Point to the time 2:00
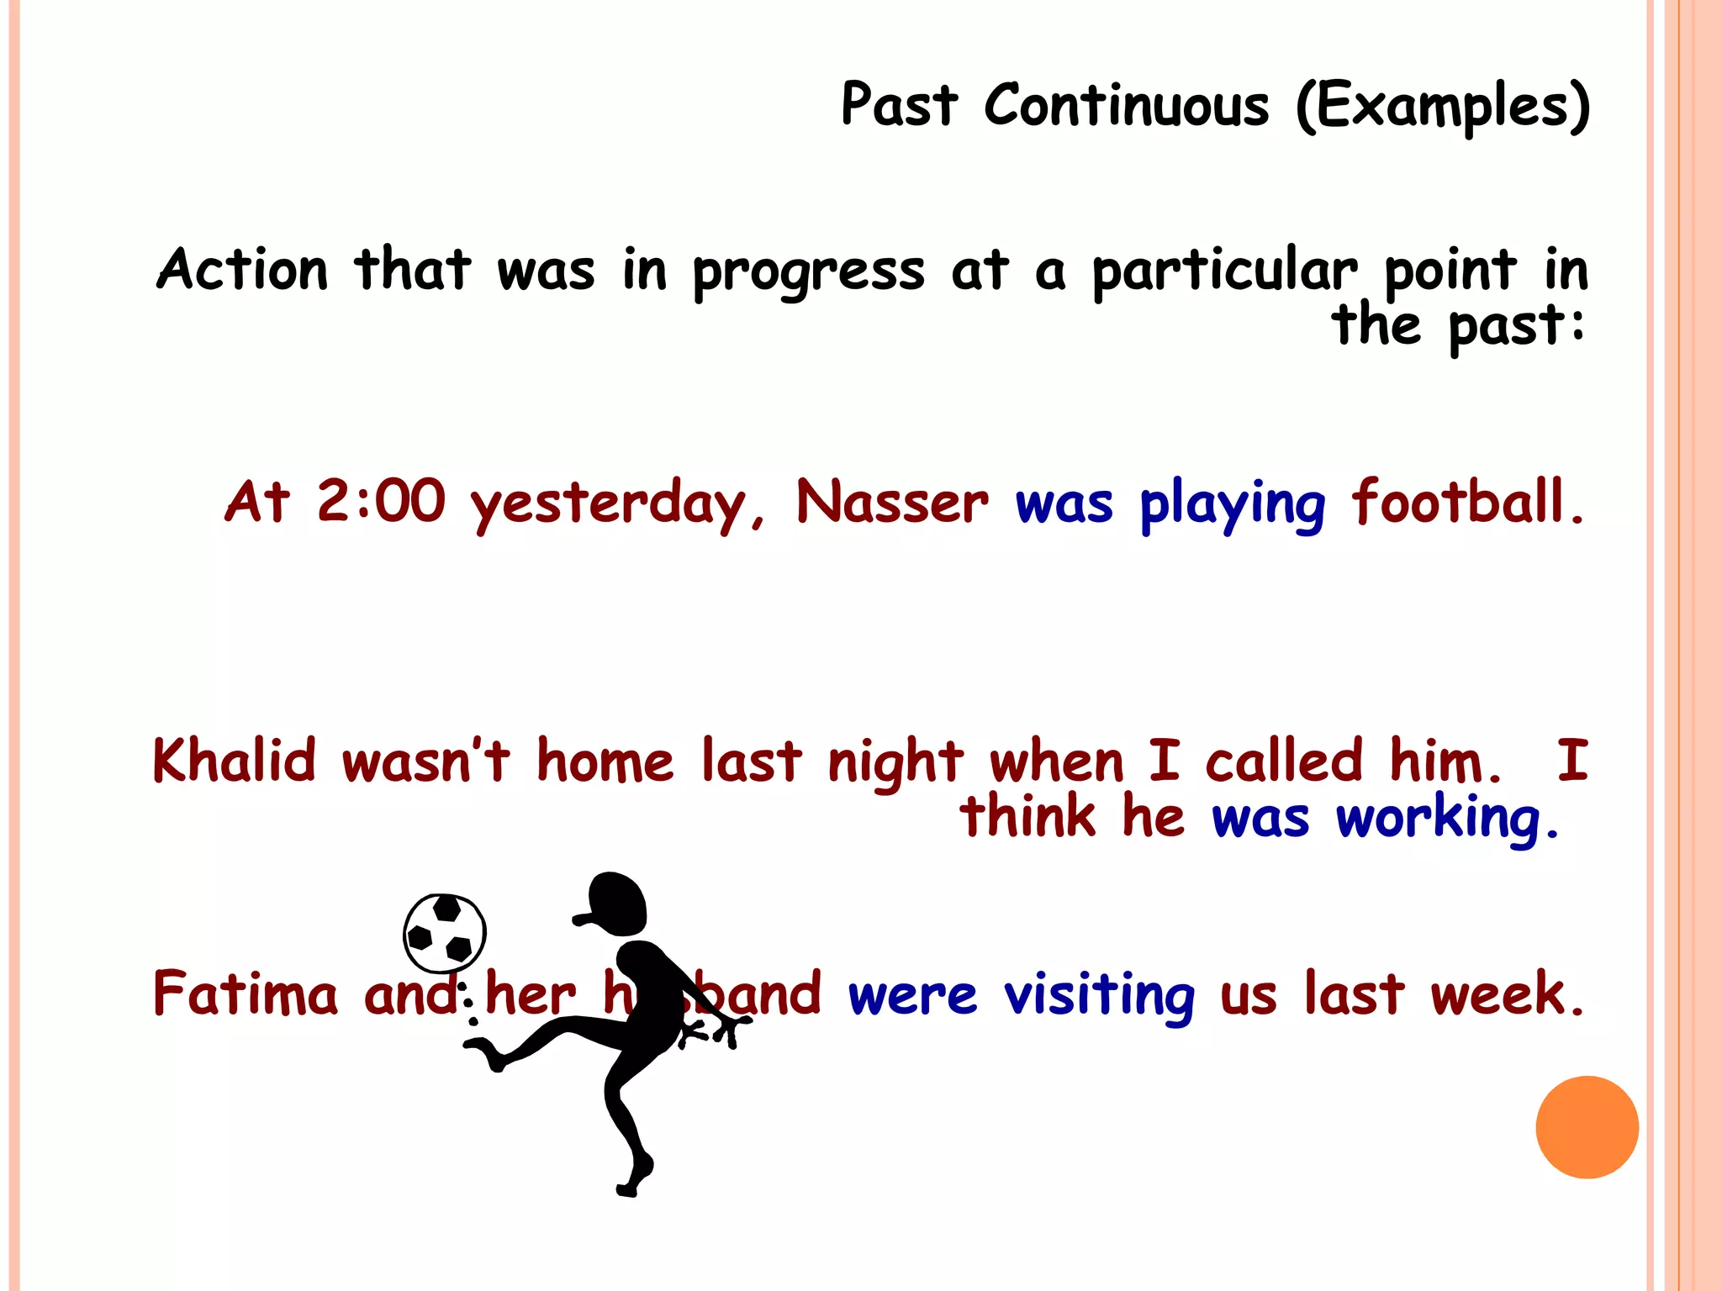pyautogui.click(x=380, y=502)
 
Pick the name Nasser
pyautogui.click(x=892, y=502)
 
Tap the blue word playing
pyautogui.click(x=1232, y=504)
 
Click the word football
pyautogui.click(x=1466, y=502)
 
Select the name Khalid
pyautogui.click(x=235, y=761)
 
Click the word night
pyautogui.click(x=895, y=763)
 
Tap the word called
pyautogui.click(x=1283, y=761)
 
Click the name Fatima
pyautogui.click(x=245, y=993)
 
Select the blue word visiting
pyautogui.click(x=1099, y=995)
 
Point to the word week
pyautogui.click(x=1505, y=993)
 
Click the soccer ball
pyautogui.click(x=444, y=933)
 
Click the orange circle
pyautogui.click(x=1587, y=1127)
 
